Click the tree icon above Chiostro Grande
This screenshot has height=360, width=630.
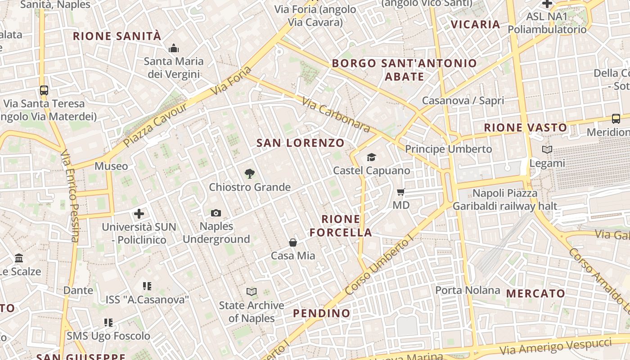pos(249,174)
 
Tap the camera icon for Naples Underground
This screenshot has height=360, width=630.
pos(216,213)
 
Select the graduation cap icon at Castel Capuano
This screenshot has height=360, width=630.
pos(371,157)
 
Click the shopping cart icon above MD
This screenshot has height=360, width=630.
pos(401,192)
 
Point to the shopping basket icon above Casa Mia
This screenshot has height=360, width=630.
pos(293,243)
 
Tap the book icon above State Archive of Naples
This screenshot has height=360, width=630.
pos(252,292)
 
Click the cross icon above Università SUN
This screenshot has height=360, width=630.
pos(139,214)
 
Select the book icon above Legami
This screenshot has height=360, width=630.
pos(547,150)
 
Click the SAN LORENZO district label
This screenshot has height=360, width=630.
pos(300,143)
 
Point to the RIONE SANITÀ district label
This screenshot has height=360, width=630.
pos(117,36)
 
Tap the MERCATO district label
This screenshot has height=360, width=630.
pos(535,294)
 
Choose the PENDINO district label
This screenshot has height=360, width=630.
pos(321,313)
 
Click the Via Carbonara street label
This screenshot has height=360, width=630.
pos(336,115)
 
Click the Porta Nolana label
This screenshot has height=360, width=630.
pos(468,290)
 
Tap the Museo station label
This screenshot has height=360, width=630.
pos(111,166)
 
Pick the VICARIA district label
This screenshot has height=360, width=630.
pos(475,24)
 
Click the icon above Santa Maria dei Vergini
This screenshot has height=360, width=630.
pos(174,48)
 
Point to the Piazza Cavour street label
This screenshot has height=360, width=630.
pos(155,125)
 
